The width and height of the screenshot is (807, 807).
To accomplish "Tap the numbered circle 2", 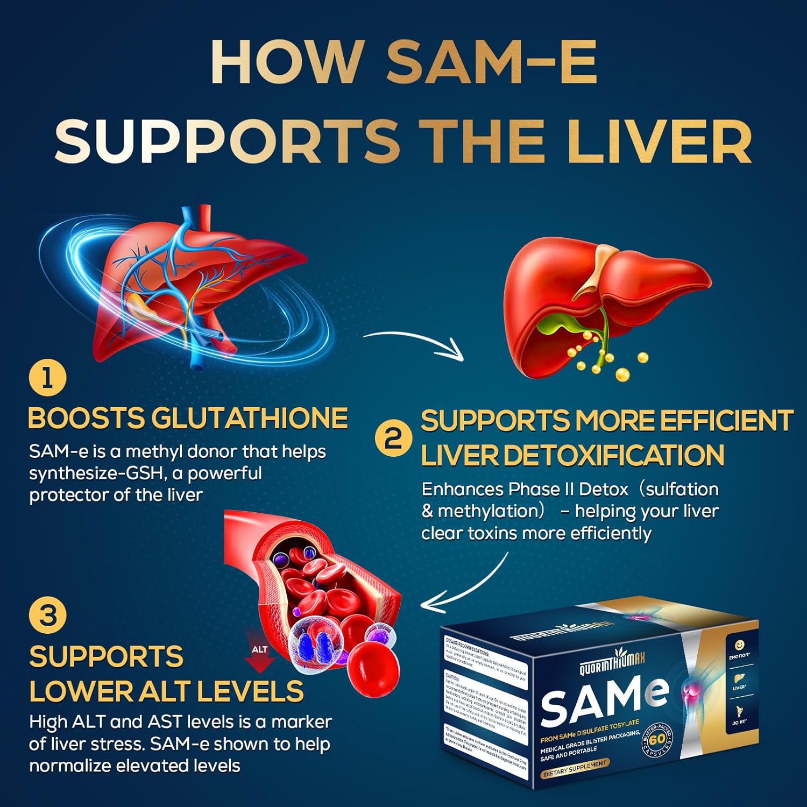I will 394,439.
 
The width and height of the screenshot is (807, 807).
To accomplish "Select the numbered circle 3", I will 48,615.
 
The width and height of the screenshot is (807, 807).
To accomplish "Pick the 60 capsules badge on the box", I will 657,740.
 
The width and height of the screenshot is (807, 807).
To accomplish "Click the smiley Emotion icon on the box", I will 739,646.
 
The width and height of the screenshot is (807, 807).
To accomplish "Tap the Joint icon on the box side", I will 739,713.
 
